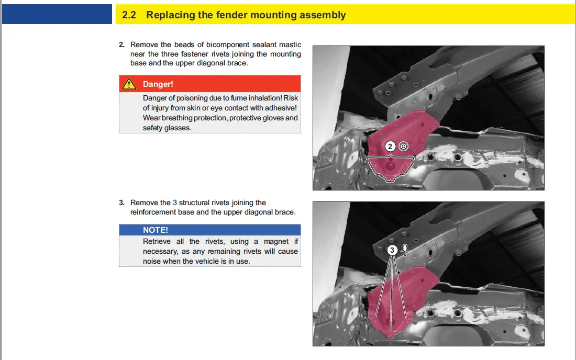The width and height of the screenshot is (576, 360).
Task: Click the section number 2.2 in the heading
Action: pyautogui.click(x=129, y=15)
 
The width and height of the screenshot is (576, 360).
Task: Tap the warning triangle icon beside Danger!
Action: pyautogui.click(x=128, y=84)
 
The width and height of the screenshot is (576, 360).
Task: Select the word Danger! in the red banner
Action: pyautogui.click(x=158, y=84)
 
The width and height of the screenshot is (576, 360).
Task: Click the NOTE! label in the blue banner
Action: pyautogui.click(x=156, y=230)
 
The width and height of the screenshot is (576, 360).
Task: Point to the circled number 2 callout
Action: pyautogui.click(x=390, y=147)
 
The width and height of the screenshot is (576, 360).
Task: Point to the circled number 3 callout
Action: pyautogui.click(x=392, y=250)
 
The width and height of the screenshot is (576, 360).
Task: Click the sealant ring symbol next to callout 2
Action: pyautogui.click(x=403, y=147)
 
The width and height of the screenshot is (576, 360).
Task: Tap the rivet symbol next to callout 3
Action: pyautogui.click(x=405, y=251)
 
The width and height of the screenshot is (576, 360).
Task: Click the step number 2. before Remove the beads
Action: pyautogui.click(x=122, y=45)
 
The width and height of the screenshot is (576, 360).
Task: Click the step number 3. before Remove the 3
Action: pyautogui.click(x=122, y=203)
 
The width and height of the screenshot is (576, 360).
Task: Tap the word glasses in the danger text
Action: pyautogui.click(x=178, y=128)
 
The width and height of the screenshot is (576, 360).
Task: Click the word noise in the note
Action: pyautogui.click(x=152, y=261)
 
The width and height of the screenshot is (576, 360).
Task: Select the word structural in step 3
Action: pyautogui.click(x=197, y=203)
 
